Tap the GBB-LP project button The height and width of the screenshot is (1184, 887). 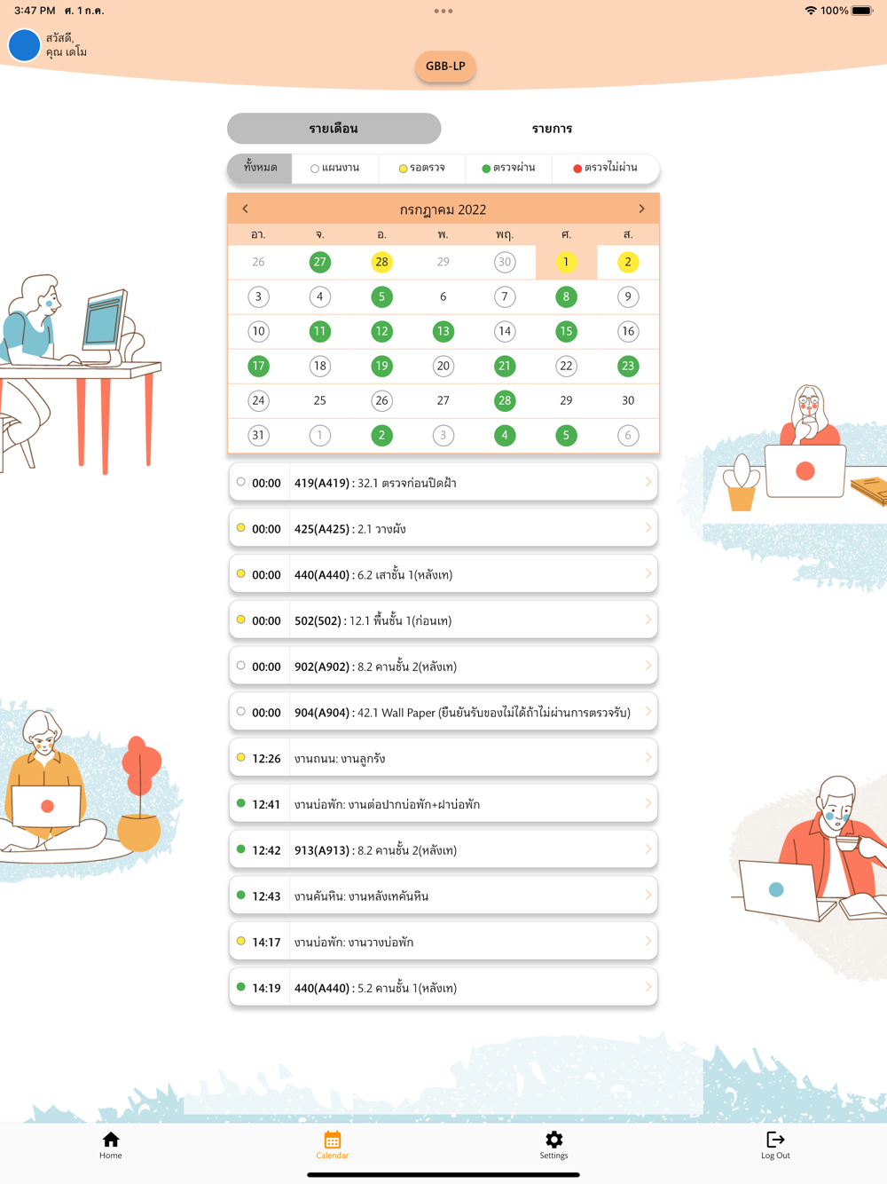coord(445,67)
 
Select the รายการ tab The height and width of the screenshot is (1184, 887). coord(552,129)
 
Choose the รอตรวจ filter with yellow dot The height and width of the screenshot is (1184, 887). coord(422,168)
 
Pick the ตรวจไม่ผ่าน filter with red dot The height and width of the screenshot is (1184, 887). coord(605,168)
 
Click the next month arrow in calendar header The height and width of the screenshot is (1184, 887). coord(641,209)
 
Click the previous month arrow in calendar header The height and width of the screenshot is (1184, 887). coord(245,209)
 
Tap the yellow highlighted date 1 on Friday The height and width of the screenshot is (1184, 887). coord(566,262)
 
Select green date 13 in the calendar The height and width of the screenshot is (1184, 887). coord(443,331)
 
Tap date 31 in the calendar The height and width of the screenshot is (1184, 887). coord(259,435)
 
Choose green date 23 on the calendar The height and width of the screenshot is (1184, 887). coord(628,367)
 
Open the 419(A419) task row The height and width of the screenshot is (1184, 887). coord(443,482)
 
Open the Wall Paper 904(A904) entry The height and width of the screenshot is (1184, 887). coord(443,712)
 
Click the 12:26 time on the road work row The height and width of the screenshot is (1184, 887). coord(266,758)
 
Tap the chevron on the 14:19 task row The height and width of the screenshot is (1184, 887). coord(648,987)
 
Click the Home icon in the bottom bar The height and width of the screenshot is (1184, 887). coord(111,1140)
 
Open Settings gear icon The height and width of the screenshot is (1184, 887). coord(554,1140)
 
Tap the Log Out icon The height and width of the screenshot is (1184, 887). coord(775,1140)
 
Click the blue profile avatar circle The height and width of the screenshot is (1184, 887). coord(24,44)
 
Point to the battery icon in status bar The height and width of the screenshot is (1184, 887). coord(861,11)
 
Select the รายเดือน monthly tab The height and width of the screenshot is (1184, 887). coord(334,129)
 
